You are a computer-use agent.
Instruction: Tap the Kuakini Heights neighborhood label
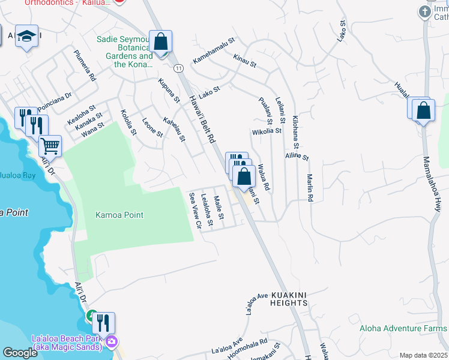click(289, 299)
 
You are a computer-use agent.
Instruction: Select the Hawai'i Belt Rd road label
click(202, 121)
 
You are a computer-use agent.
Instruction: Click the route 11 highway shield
click(178, 68)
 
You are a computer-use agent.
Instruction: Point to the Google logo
click(20, 353)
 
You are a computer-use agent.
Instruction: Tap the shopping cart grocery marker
click(50, 145)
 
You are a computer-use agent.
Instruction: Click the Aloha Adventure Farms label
click(403, 328)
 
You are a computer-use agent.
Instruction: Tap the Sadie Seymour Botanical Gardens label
click(124, 52)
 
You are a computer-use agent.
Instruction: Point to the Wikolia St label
click(267, 131)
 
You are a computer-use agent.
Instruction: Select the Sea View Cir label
click(194, 211)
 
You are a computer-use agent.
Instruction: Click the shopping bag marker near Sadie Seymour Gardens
click(160, 42)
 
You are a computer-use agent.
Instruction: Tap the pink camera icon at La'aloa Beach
click(111, 343)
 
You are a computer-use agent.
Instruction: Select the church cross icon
click(425, 11)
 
